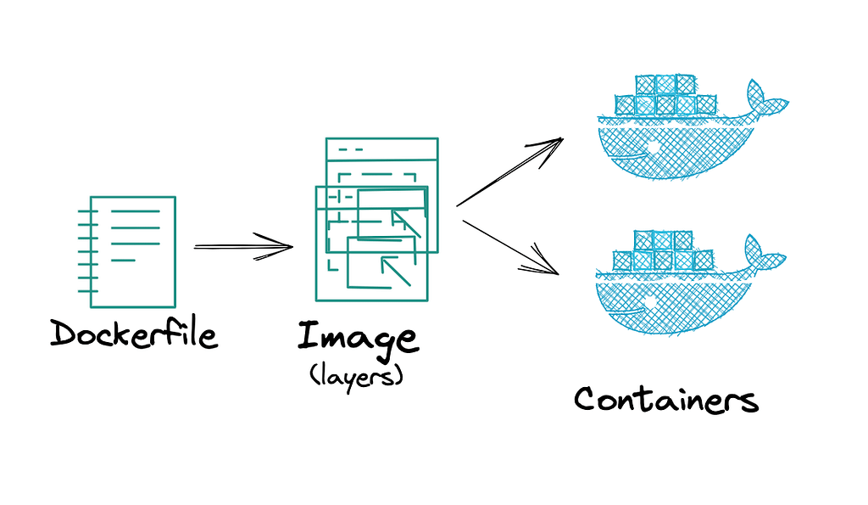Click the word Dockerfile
pos(134,334)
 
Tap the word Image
pos(357,337)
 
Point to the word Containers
pos(665,399)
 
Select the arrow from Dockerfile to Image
pos(244,247)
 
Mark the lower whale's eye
pos(652,302)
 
